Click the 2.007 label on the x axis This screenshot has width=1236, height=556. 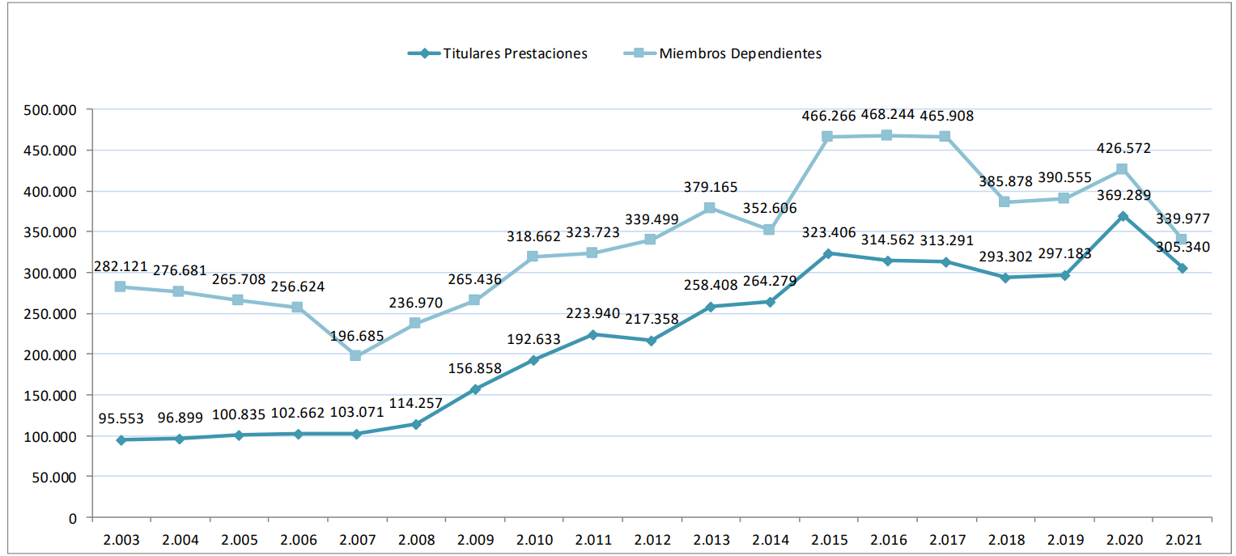click(x=356, y=539)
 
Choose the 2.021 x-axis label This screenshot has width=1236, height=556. click(x=1183, y=539)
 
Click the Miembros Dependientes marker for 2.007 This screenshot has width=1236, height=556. click(x=355, y=356)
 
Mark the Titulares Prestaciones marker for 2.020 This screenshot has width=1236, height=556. click(x=1123, y=216)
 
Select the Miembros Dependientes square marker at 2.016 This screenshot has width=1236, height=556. click(x=886, y=135)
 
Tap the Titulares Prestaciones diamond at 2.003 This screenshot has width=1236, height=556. click(x=121, y=440)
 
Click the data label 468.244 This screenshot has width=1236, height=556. click(x=887, y=115)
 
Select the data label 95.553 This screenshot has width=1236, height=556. click(x=121, y=418)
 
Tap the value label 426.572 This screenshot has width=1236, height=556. click(x=1123, y=148)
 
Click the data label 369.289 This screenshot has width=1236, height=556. click(x=1123, y=195)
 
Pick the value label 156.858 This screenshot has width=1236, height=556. click(x=474, y=368)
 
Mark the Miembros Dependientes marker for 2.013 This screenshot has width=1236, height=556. click(x=710, y=208)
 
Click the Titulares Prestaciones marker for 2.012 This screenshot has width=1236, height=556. click(x=651, y=341)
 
